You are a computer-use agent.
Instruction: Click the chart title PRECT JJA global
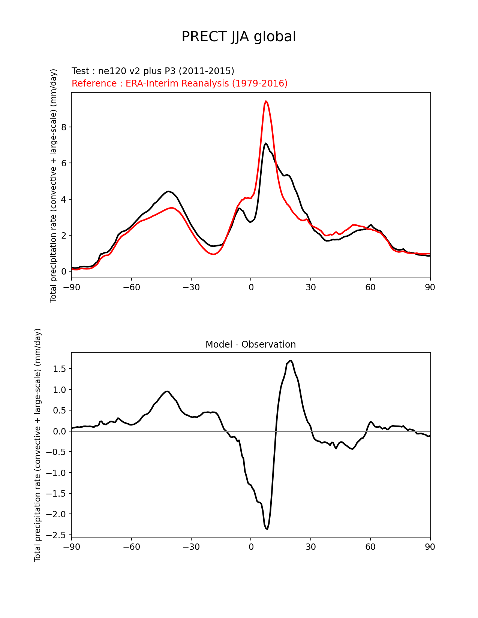(x=238, y=37)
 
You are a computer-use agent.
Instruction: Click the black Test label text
(x=153, y=71)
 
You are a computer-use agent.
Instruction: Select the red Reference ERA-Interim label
(x=179, y=83)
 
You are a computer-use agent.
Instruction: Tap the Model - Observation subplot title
(x=250, y=345)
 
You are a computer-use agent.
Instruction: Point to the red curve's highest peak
(x=266, y=101)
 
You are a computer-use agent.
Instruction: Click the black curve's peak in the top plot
(x=265, y=143)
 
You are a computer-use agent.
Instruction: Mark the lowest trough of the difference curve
(x=267, y=529)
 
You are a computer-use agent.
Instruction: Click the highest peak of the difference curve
(x=291, y=361)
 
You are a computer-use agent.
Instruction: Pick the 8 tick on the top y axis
(x=64, y=127)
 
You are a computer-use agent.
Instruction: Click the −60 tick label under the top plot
(x=131, y=287)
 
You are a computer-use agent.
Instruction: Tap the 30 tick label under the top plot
(x=310, y=287)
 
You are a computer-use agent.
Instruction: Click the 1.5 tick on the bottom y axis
(x=60, y=369)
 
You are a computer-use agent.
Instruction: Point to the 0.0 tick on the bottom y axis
(x=60, y=431)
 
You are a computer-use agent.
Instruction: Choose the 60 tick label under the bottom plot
(x=370, y=547)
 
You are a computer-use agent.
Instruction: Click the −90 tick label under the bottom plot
(x=72, y=547)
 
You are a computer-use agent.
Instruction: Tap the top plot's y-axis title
(x=54, y=185)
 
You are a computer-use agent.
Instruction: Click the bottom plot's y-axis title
(x=38, y=445)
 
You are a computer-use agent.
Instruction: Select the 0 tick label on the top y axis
(x=64, y=272)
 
